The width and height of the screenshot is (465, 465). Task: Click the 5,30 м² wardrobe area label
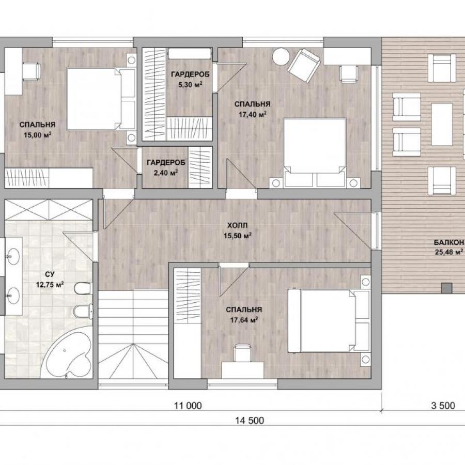[x=190, y=85]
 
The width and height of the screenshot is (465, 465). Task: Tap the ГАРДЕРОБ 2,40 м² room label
[x=166, y=167]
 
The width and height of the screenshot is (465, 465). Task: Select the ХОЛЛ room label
[x=237, y=225]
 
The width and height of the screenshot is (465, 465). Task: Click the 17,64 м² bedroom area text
[x=244, y=320]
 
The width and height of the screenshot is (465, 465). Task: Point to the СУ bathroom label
[x=50, y=274]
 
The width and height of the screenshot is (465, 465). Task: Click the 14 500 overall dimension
[x=250, y=420]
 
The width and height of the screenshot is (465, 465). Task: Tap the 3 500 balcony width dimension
[x=443, y=406]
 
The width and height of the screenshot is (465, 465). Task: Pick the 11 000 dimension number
[x=188, y=406]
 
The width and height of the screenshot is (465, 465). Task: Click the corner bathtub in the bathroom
[x=67, y=353]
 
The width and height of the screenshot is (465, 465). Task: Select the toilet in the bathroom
[x=83, y=288]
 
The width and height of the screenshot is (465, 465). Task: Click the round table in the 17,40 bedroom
[x=281, y=56]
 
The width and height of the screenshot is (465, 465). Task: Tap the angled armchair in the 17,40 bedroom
[x=304, y=65]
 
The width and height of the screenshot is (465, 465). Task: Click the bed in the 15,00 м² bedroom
[x=101, y=99]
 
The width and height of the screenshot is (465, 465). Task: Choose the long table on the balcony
[x=442, y=124]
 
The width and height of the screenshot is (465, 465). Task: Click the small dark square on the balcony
[x=446, y=288]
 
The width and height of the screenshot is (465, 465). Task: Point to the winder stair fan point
[x=133, y=344]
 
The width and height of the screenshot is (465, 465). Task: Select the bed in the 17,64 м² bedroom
[x=329, y=321]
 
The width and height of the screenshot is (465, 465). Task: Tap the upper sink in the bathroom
[x=13, y=256]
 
